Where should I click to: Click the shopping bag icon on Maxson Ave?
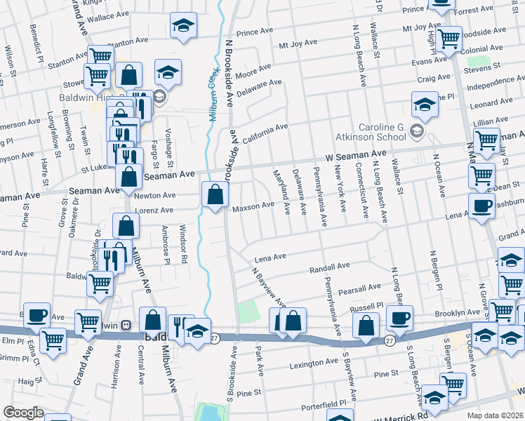point(215,194)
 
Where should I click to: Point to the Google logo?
point(23,413)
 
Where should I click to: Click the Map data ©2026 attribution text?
point(495,415)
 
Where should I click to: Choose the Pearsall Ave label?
point(359,287)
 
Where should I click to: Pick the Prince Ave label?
point(255,32)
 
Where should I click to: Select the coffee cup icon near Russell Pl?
point(399,319)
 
